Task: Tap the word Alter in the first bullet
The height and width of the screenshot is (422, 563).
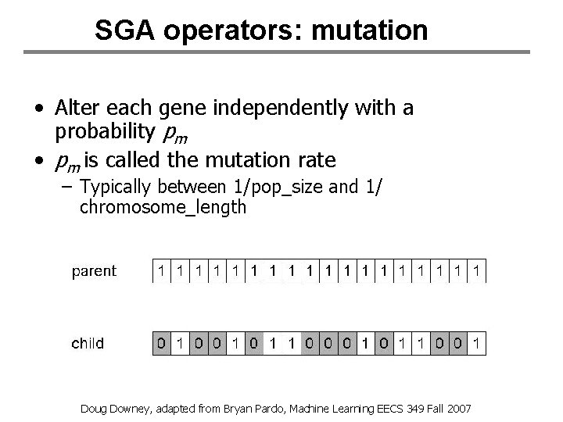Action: coord(77,108)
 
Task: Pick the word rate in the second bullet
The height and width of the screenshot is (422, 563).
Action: coord(317,161)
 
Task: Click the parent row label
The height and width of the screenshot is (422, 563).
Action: coord(94,271)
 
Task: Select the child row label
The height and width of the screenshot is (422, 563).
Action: coord(88,343)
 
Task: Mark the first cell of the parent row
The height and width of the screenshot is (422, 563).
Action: coord(161,271)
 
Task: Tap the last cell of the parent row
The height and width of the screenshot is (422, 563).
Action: coord(477,271)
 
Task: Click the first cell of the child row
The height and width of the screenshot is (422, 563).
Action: coord(161,343)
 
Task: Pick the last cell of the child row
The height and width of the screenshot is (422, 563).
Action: coord(477,343)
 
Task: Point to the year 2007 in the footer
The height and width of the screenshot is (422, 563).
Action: coord(459,409)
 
